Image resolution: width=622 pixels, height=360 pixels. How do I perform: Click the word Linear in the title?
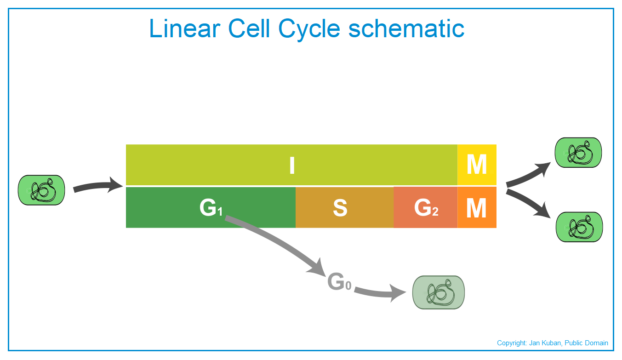185,29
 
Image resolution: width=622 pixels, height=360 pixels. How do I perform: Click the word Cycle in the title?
309,30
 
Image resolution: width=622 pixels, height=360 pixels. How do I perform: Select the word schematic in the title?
406,29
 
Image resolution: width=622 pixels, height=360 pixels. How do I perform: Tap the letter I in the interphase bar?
292,165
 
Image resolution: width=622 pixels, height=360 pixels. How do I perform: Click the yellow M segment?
477,165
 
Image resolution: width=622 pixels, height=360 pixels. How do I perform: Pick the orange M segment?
477,207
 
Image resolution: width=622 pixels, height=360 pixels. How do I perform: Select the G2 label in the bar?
426,207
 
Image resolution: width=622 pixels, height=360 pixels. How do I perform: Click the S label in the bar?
340,208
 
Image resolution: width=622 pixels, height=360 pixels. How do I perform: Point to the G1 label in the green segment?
211,207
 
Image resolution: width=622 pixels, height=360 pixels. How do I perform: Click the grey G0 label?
339,281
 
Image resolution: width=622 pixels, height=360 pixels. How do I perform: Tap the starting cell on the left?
41,190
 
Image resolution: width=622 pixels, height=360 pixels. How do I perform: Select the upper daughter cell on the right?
578,153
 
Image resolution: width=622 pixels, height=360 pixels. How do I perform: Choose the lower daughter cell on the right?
579,227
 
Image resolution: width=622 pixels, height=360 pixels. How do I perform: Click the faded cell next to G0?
439,292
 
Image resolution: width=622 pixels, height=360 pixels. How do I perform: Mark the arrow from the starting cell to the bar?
97,185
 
